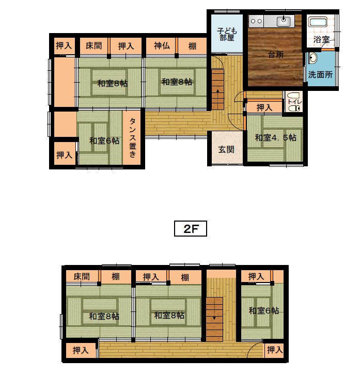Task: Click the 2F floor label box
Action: (x=191, y=229)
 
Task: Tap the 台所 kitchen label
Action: (x=276, y=55)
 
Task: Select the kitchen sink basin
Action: (x=284, y=22)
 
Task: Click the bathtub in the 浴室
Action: (x=318, y=22)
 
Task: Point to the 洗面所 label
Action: (x=320, y=74)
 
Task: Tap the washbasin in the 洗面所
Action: (x=312, y=58)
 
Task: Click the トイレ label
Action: (x=295, y=102)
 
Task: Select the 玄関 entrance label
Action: (x=226, y=150)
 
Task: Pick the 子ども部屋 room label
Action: (x=227, y=34)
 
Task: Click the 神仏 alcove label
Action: (x=162, y=45)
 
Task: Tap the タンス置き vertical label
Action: (x=133, y=138)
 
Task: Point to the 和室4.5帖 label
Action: (x=276, y=137)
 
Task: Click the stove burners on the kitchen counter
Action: (x=256, y=21)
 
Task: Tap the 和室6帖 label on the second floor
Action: (x=263, y=310)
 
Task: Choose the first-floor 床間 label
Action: (x=94, y=45)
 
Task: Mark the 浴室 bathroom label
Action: (x=321, y=39)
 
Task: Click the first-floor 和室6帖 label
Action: (x=104, y=140)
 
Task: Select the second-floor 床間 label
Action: (x=82, y=276)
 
